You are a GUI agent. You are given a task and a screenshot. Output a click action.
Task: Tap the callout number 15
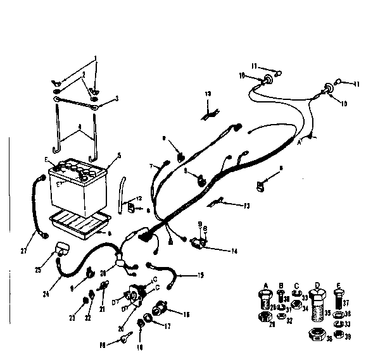tap(201, 275)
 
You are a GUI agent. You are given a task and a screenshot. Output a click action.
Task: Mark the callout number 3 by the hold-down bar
tap(117, 98)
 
